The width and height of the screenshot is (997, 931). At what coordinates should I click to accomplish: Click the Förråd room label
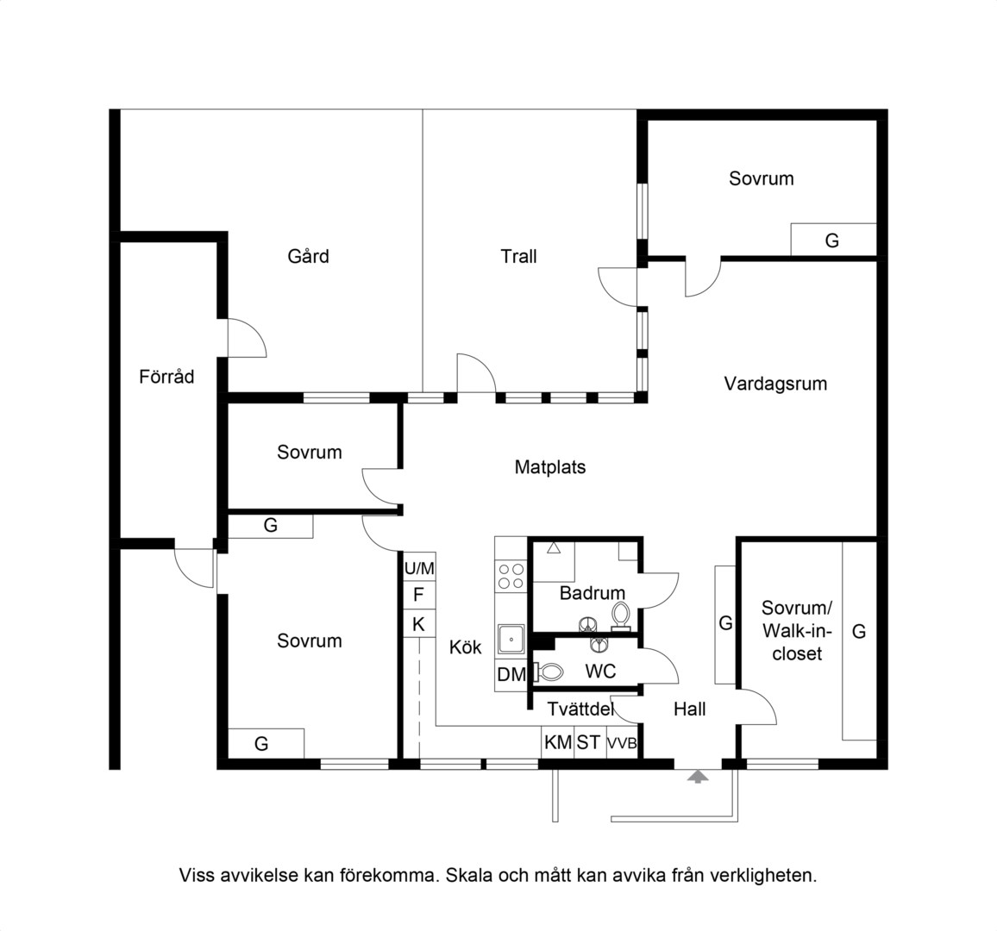click(x=166, y=377)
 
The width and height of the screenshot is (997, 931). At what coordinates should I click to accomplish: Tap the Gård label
click(x=309, y=256)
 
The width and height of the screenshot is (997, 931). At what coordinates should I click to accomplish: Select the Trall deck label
click(x=518, y=256)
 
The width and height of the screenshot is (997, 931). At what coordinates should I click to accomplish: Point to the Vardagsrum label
click(x=775, y=384)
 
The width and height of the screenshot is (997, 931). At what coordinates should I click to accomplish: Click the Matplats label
click(x=550, y=467)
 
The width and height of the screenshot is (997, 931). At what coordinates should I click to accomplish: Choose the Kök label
click(x=466, y=647)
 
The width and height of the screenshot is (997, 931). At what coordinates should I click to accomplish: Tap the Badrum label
click(x=592, y=593)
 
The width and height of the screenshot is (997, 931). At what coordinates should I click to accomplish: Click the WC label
click(x=600, y=671)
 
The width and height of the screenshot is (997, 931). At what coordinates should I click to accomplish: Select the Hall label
click(x=690, y=709)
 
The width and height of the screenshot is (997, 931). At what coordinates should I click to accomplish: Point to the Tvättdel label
click(x=580, y=709)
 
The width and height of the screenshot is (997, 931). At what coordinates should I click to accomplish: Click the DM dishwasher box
click(x=511, y=674)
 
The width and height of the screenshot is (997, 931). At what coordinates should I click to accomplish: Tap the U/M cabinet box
click(x=419, y=567)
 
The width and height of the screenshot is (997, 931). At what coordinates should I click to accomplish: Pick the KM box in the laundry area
click(x=558, y=741)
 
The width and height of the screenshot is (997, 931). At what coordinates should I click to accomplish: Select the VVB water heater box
click(x=622, y=742)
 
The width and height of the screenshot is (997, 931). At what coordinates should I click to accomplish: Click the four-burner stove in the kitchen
click(x=511, y=577)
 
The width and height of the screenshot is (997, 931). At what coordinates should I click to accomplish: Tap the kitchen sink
click(x=511, y=640)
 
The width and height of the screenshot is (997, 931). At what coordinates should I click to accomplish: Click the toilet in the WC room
click(x=549, y=672)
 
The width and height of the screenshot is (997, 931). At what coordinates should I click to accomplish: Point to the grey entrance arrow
click(x=698, y=776)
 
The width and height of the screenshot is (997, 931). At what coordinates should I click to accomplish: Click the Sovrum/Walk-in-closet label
click(x=797, y=630)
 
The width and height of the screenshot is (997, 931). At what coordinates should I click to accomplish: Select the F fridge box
click(x=419, y=596)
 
